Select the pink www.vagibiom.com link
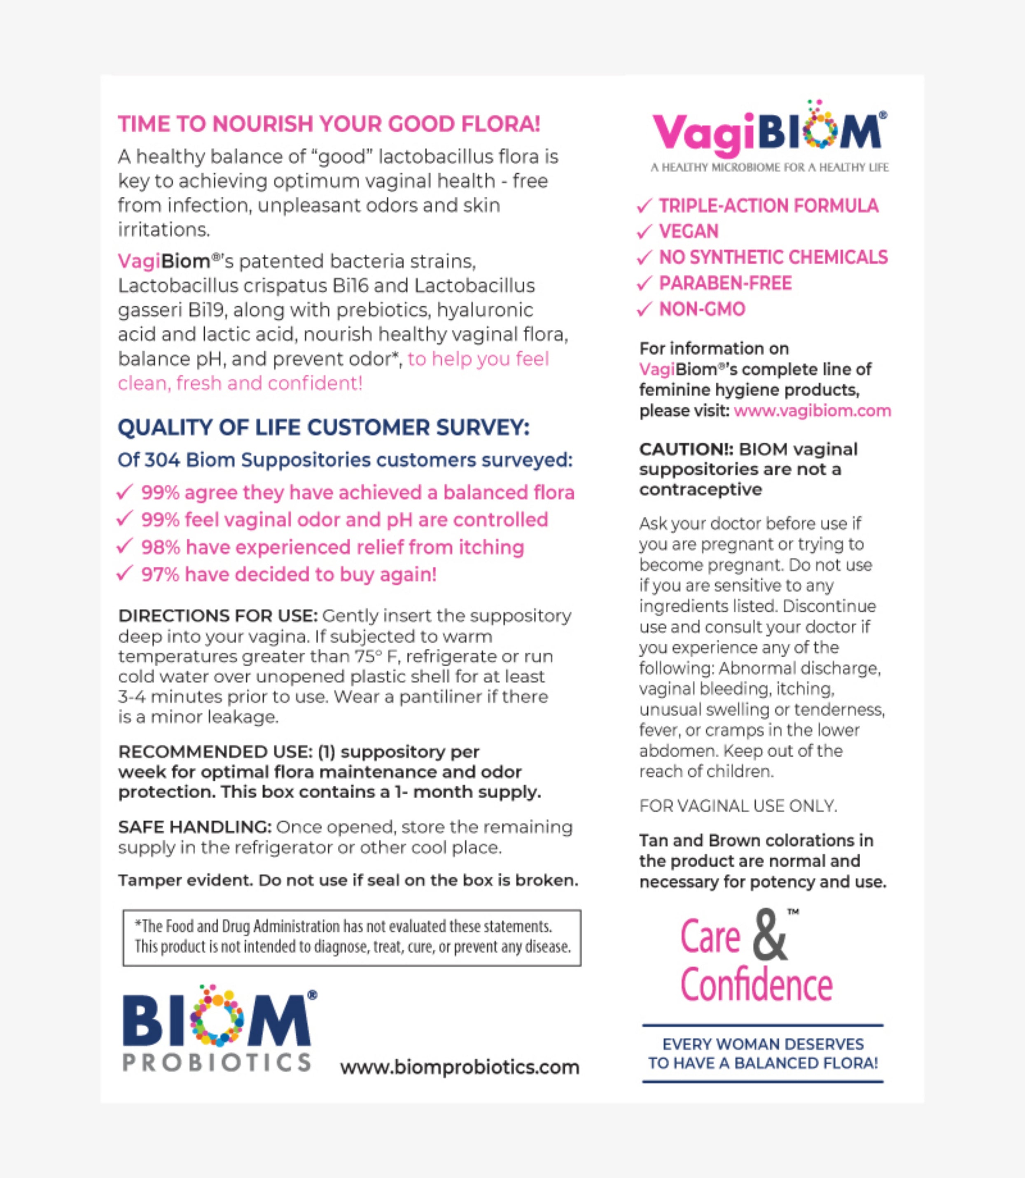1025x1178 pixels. pos(812,410)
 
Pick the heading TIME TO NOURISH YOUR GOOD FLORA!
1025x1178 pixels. pos(329,124)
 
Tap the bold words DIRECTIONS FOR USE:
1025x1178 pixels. pos(217,616)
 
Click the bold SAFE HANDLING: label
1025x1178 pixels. pos(194,826)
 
